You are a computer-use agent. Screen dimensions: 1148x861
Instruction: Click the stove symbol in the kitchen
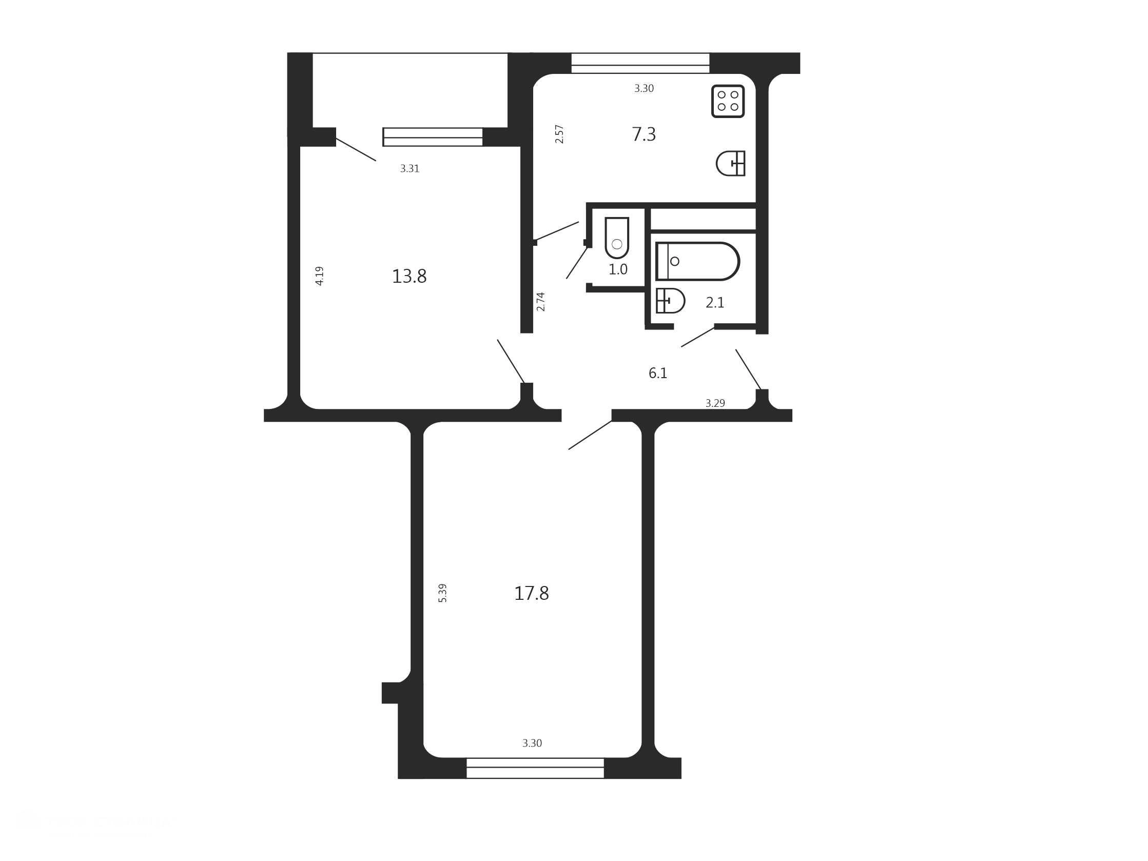point(728,101)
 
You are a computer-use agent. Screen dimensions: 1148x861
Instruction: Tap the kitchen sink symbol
point(731,164)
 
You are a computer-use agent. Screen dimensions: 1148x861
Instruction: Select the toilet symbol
point(616,238)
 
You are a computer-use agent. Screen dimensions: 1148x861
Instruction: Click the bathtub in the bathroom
point(697,261)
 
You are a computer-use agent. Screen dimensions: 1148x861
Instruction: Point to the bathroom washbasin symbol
point(670,301)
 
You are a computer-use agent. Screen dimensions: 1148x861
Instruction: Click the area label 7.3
point(644,134)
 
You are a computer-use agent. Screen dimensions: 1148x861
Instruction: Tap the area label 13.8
point(409,277)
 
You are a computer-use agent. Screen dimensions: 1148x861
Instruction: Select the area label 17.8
point(532,593)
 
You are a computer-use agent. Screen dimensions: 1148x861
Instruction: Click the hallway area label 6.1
point(657,373)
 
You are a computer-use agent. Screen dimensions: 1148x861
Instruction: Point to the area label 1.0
point(617,269)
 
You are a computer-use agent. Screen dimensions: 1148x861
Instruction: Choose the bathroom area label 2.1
point(715,303)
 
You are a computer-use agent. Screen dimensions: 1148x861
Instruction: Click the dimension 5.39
point(443,593)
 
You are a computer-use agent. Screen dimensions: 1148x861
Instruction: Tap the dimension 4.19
point(320,276)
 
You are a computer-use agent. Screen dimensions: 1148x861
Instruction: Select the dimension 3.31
point(410,169)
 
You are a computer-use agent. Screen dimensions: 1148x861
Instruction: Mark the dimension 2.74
point(541,302)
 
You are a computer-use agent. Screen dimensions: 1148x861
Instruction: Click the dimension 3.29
point(715,403)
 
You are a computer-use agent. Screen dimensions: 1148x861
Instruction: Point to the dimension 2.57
point(559,134)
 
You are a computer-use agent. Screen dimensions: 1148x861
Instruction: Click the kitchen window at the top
point(640,63)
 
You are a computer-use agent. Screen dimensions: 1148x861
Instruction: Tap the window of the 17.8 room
point(535,768)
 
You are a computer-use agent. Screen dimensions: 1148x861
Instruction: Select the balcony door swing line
point(356,149)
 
